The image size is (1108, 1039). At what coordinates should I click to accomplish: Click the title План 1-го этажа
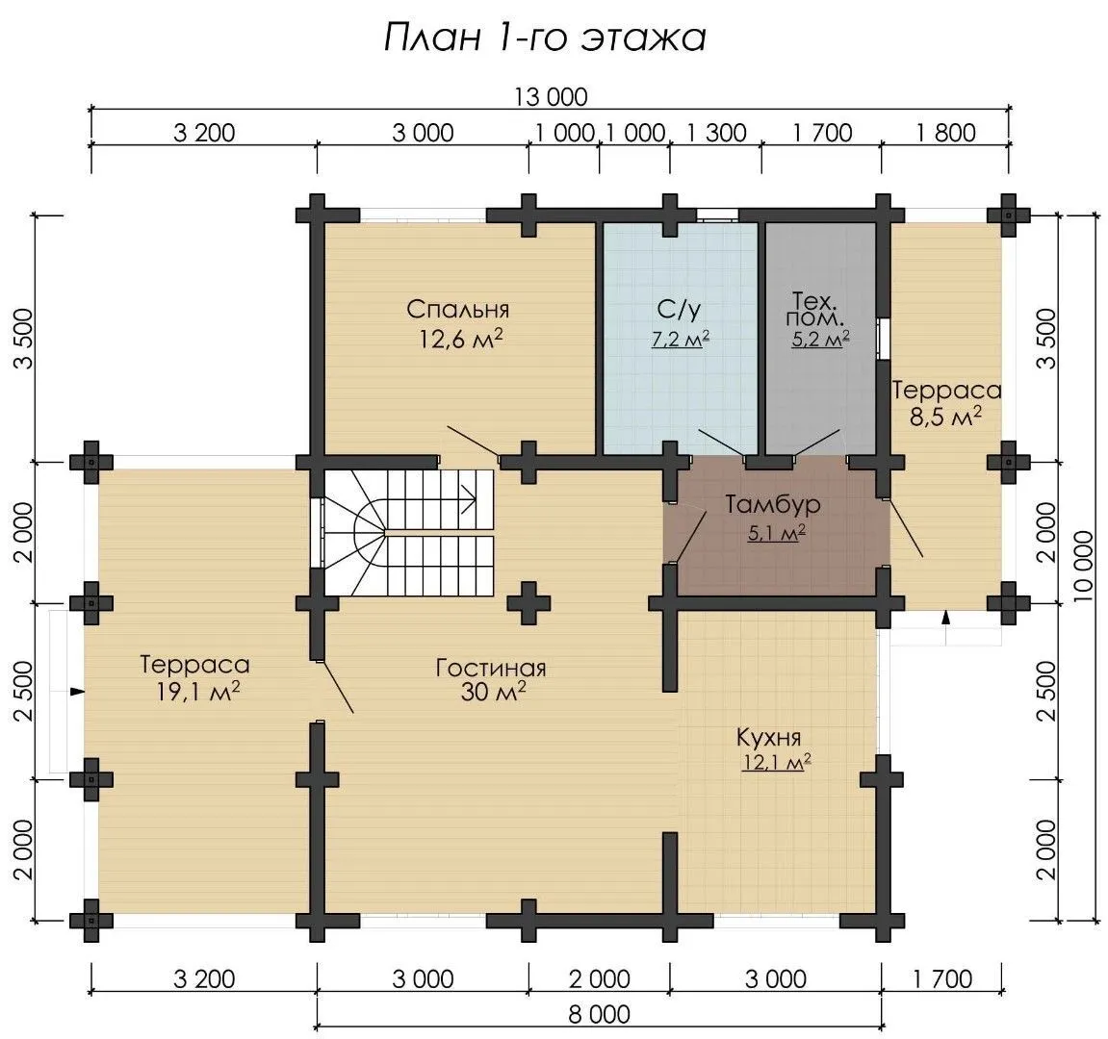(x=545, y=37)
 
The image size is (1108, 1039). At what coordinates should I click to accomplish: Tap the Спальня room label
(x=458, y=309)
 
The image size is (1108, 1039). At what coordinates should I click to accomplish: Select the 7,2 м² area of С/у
(x=681, y=339)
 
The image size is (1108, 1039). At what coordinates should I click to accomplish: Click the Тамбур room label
(x=773, y=504)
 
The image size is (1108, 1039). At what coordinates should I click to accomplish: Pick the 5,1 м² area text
(x=777, y=533)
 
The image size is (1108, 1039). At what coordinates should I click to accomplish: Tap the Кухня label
(x=769, y=737)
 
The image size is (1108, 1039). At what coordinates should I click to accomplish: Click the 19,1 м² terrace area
(x=198, y=692)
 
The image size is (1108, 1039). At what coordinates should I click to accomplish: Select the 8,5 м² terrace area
(x=945, y=417)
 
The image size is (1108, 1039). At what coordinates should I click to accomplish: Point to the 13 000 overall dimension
(x=551, y=96)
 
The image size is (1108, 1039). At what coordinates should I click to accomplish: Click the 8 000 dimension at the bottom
(x=599, y=1014)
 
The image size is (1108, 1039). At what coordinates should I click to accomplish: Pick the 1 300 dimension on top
(x=716, y=133)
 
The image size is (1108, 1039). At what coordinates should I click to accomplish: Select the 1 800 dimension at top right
(x=945, y=133)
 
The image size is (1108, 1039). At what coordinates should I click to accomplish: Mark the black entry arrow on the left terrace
(x=78, y=692)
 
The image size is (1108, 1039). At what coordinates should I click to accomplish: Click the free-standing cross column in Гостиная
(x=528, y=603)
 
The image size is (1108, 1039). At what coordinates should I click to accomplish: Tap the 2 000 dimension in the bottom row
(x=599, y=979)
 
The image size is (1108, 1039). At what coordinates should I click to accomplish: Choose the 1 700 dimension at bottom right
(x=942, y=979)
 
